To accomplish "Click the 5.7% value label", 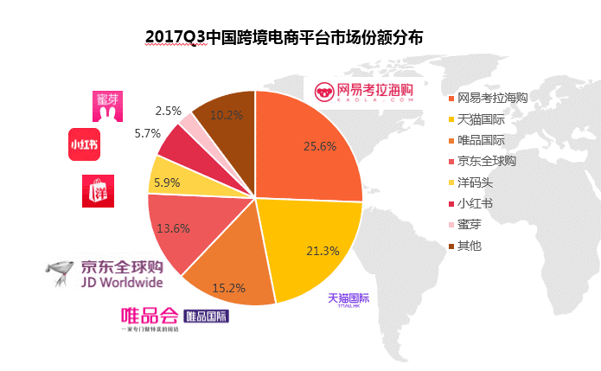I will [x=149, y=134].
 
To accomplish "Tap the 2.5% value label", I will [x=168, y=111].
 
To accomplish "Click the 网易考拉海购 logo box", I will [x=363, y=92].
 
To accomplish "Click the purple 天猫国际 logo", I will [x=348, y=300].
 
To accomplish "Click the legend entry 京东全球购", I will [x=491, y=161].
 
